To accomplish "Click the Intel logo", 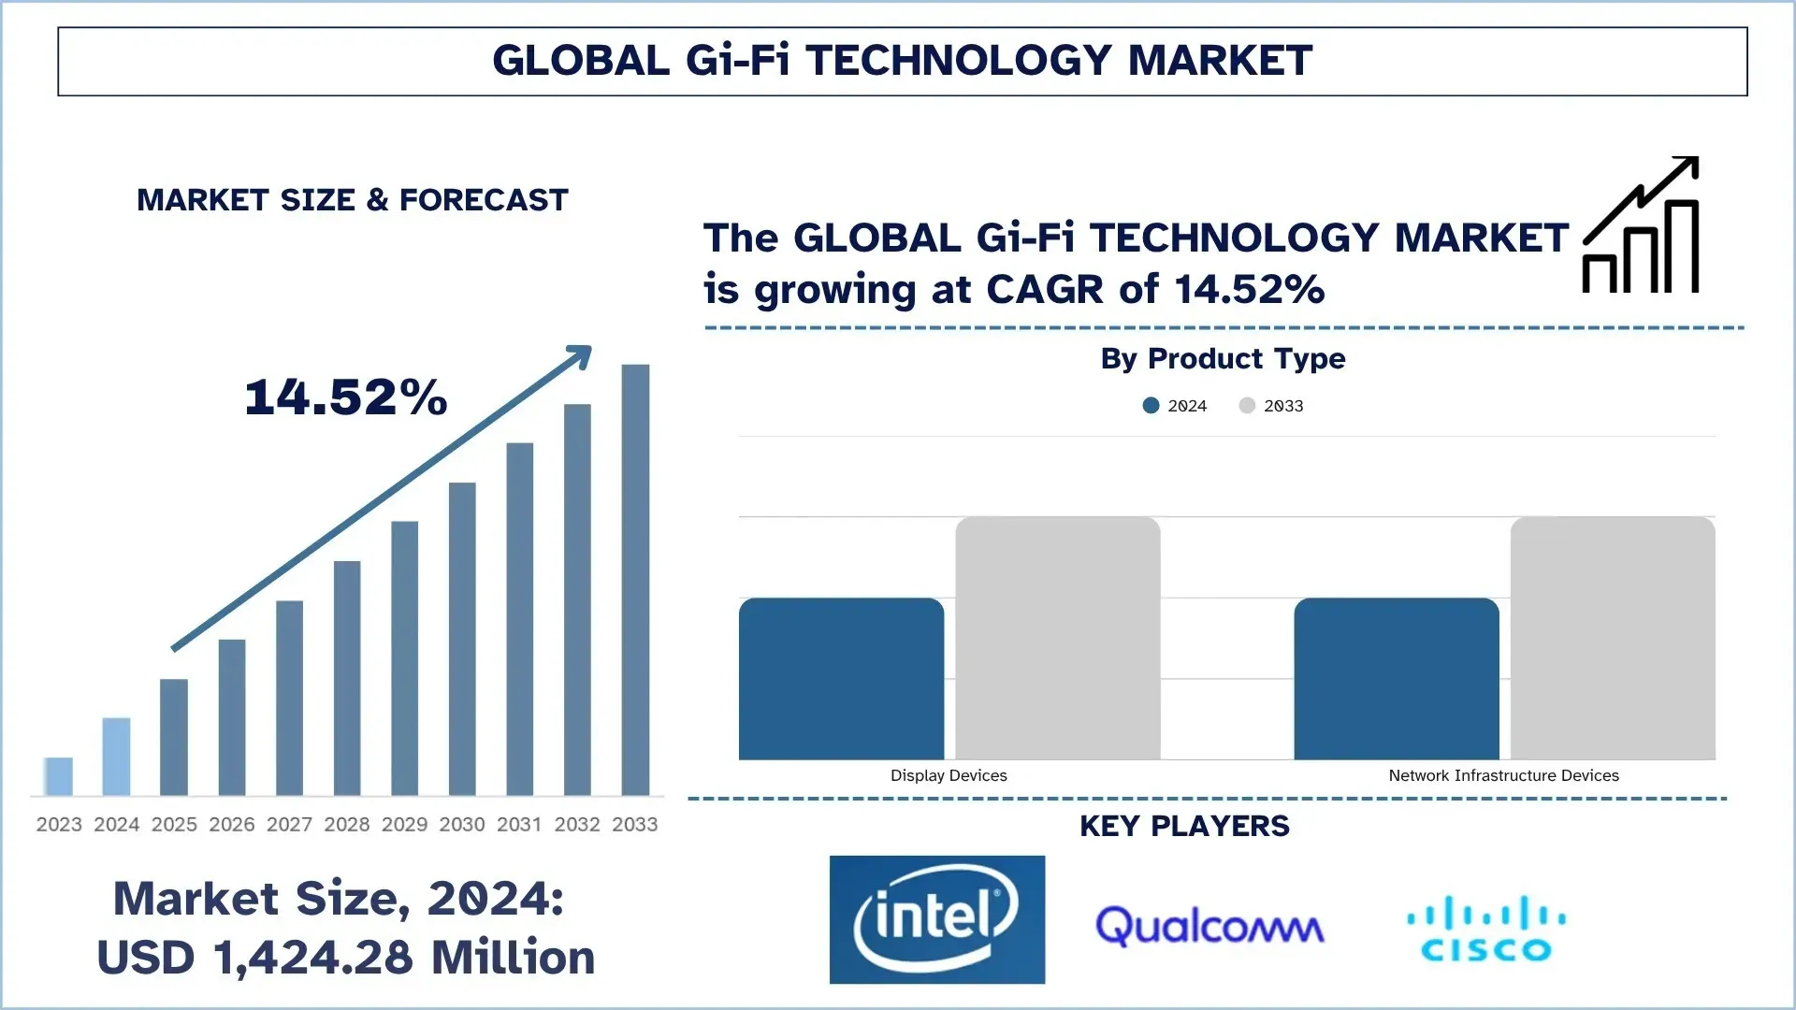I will coord(936,919).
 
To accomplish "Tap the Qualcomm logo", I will coord(1209,926).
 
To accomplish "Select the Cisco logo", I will coord(1485,929).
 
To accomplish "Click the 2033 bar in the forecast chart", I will coord(635,580).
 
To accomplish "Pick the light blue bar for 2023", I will coord(59,776).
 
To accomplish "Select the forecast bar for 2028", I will coord(347,678).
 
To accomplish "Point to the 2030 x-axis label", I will coord(462,824).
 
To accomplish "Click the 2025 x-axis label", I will coord(174,824).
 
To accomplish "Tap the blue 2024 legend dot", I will coord(1151,405).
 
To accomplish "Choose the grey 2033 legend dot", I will coord(1247,405).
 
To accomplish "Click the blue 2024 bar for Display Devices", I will coord(841,678).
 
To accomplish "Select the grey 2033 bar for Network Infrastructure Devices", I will coord(1612,638).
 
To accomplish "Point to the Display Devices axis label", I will coord(949,775).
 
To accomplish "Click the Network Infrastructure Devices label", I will coord(1503,775).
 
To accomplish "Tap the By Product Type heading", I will coord(1223,358).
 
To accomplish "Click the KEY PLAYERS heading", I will coord(1184,826).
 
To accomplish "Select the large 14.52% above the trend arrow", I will coord(346,397).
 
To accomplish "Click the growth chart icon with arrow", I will coord(1641,225).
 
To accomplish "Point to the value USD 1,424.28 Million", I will coord(346,957).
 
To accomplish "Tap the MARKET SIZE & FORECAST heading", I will coord(353,200).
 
